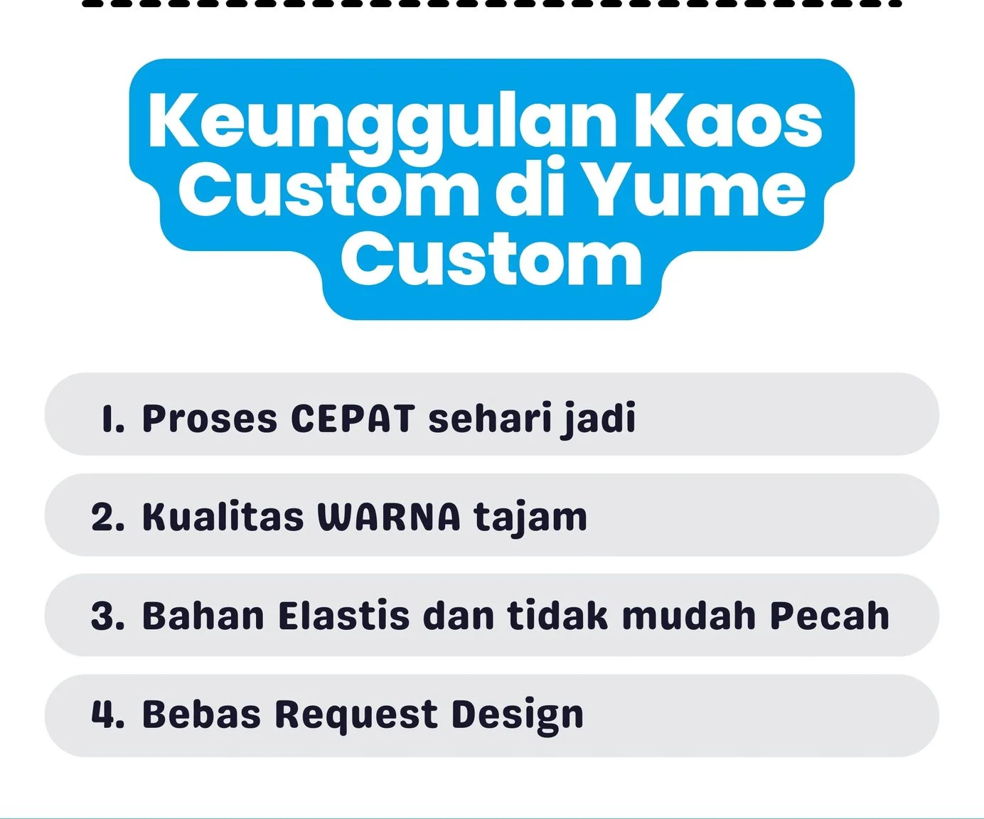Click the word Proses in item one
(210, 419)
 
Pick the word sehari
(490, 417)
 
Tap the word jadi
(598, 419)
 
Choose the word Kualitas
(223, 517)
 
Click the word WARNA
(389, 518)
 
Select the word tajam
(530, 519)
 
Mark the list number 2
(108, 518)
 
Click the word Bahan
(203, 616)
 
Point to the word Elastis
(343, 616)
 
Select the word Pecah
(830, 616)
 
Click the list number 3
(108, 616)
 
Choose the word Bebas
(201, 714)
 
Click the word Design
(518, 716)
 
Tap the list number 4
(108, 714)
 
